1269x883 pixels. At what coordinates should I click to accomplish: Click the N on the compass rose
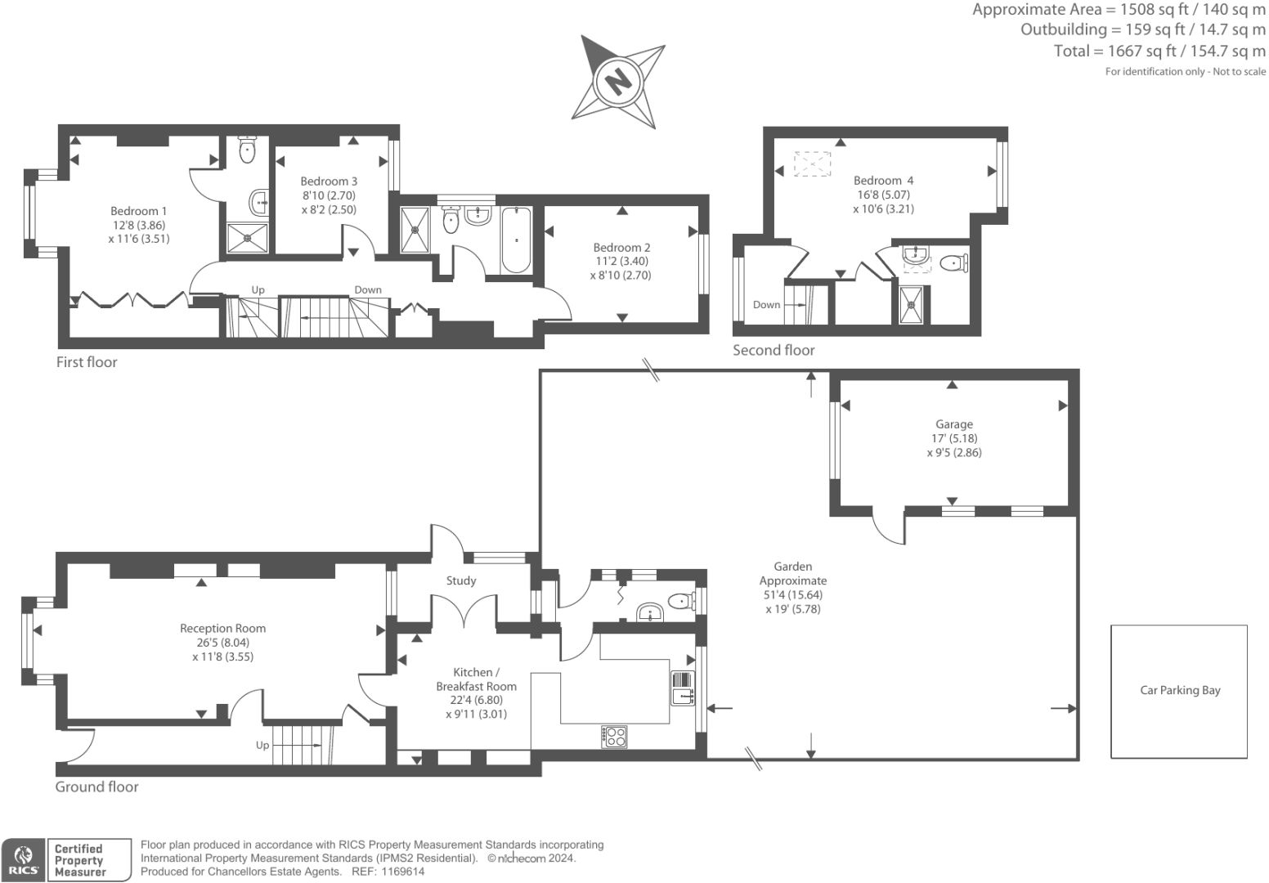[x=618, y=82]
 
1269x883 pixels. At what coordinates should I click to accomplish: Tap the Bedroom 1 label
[x=139, y=211]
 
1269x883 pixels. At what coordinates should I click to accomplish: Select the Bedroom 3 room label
[x=329, y=182]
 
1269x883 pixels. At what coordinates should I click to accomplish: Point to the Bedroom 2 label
[x=621, y=248]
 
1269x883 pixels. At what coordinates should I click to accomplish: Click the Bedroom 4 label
[x=883, y=181]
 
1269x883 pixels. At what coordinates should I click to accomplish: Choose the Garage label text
[x=954, y=424]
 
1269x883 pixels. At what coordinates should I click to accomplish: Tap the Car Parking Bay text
[x=1180, y=690]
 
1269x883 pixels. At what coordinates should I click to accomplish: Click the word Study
[x=460, y=580]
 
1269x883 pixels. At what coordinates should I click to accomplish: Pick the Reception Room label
[x=222, y=628]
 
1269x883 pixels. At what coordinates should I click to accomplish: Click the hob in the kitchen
[x=614, y=737]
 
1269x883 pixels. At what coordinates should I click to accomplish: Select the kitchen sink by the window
[x=683, y=688]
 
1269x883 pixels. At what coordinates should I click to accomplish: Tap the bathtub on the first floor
[x=516, y=240]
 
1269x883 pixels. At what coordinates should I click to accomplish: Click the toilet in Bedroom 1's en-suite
[x=247, y=149]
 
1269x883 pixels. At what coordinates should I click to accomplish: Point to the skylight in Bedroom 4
[x=813, y=164]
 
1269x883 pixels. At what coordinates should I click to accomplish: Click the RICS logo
[x=23, y=860]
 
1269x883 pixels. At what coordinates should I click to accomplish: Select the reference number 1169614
[x=403, y=872]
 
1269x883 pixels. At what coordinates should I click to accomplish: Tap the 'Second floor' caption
[x=774, y=350]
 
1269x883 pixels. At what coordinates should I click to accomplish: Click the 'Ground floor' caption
[x=96, y=787]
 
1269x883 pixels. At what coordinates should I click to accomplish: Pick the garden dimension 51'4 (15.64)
[x=793, y=594]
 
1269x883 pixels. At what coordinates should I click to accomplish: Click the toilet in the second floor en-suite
[x=954, y=262]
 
